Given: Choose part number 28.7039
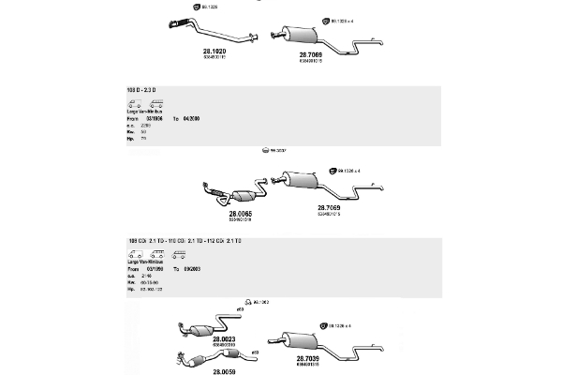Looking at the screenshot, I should coord(310,358).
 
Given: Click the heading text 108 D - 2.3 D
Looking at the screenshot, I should coord(141,89).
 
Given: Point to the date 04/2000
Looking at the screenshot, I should coord(191,119).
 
